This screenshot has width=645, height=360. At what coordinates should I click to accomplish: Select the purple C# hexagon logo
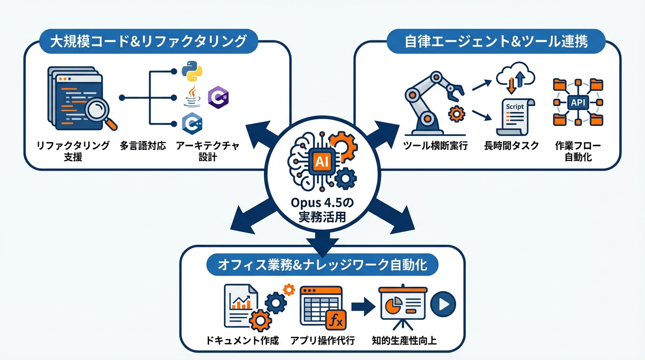(x=217, y=97)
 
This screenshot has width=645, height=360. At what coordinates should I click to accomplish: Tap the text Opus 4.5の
(x=322, y=204)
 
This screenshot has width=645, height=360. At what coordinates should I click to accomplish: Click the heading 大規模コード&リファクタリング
(x=148, y=41)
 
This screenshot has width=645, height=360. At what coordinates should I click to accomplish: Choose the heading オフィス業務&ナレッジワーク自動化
(x=322, y=265)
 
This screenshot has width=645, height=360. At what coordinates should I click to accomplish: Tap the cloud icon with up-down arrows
(x=514, y=76)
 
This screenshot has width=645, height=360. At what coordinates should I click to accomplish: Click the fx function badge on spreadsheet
(x=336, y=321)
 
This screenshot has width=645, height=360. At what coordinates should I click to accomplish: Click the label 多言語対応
(x=143, y=146)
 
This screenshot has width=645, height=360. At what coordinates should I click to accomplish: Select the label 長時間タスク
(x=511, y=146)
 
